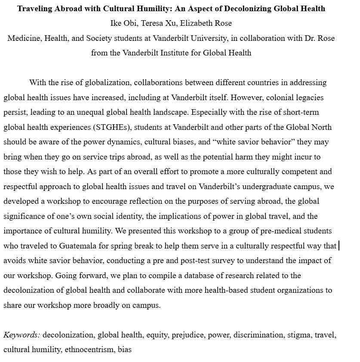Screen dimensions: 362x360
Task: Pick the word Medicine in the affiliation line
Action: point(24,38)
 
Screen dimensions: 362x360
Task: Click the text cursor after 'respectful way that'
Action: point(339,246)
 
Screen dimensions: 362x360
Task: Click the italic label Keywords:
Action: point(22,335)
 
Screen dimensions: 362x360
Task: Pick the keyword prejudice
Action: point(188,335)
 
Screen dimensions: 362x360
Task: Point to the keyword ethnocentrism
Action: point(89,350)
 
